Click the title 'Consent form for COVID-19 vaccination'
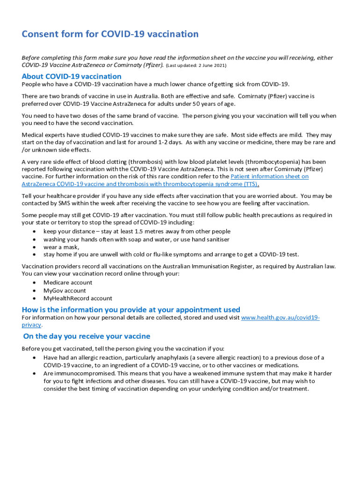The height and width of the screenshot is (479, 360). click(x=110, y=34)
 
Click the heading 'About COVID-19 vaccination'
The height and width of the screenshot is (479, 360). click(x=72, y=76)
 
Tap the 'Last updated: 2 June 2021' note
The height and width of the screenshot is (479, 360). click(x=196, y=65)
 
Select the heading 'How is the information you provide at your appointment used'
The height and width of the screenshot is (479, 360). click(x=131, y=310)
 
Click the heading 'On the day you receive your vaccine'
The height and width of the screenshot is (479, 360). click(x=86, y=336)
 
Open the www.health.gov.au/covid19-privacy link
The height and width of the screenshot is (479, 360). click(x=280, y=318)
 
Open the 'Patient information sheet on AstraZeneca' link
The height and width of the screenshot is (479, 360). click(x=270, y=176)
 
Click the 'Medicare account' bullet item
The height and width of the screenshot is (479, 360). click(x=68, y=283)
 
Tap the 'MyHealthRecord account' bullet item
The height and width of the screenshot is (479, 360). click(x=78, y=298)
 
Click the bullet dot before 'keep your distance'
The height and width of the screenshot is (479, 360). click(x=35, y=232)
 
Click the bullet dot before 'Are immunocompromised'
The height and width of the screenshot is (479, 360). click(x=35, y=374)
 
